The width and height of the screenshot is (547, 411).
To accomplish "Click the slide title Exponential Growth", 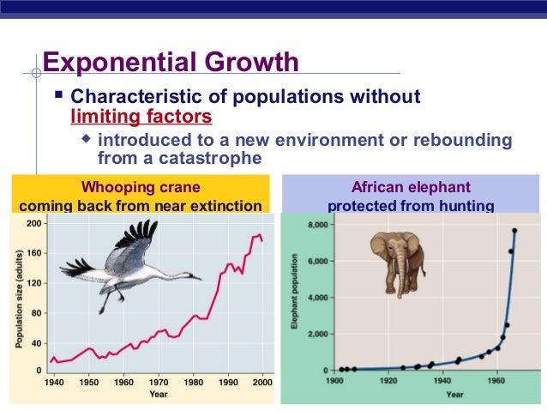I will tap(171, 63).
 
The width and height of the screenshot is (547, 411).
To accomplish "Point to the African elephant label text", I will tap(411, 187).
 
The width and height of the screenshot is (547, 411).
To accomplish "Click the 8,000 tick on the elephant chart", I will tap(317, 224).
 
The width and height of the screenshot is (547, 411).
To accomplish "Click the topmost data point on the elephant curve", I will tap(514, 230).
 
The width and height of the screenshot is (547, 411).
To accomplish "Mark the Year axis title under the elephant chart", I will tap(454, 394).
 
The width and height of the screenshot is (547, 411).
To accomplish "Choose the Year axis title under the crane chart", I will tap(159, 396).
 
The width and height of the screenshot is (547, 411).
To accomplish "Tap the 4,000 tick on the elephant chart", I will tap(317, 298).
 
